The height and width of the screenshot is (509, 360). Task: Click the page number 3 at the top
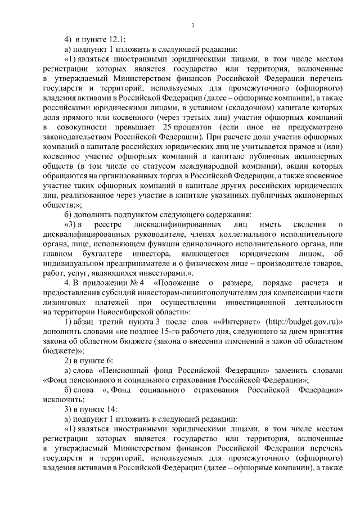click(x=192, y=25)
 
